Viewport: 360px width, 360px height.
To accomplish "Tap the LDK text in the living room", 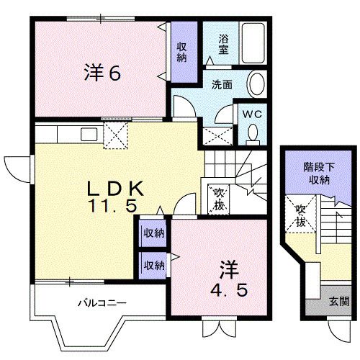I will point(119,189).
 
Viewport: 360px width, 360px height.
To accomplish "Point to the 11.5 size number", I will point(113,205).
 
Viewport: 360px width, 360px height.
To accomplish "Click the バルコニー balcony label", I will point(102,303).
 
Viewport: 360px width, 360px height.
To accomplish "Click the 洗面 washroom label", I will point(222,84).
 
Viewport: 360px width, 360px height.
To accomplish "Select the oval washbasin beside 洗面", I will point(256,85).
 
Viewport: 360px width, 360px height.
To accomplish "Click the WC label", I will point(253,114).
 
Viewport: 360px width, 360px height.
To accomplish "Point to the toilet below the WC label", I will point(253,133).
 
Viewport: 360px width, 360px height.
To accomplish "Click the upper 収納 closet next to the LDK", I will point(153,233).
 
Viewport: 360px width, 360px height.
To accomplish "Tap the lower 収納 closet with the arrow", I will point(153,264).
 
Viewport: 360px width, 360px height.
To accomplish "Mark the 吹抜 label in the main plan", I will point(219,198).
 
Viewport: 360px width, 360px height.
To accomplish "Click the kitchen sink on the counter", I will point(89,134).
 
